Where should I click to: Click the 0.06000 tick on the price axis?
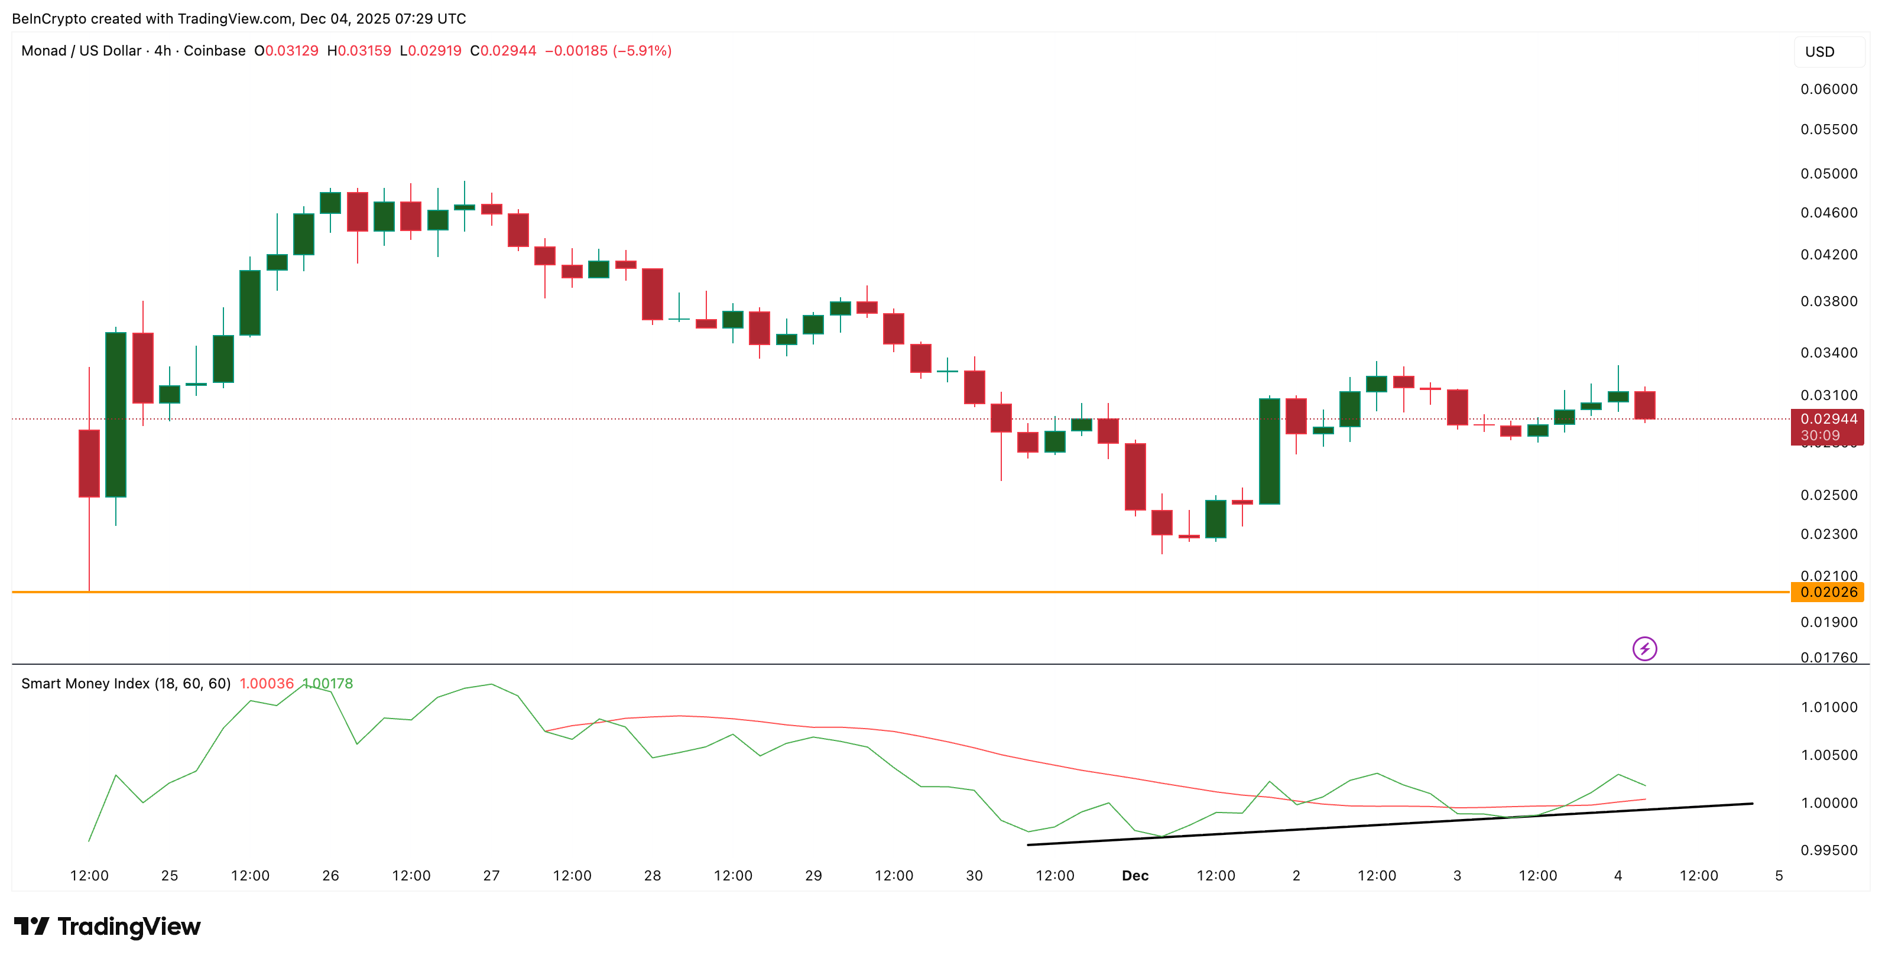click(x=1828, y=89)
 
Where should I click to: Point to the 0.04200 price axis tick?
click(x=1828, y=254)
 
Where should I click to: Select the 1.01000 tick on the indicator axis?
click(x=1828, y=707)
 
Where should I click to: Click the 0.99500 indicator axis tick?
click(x=1828, y=850)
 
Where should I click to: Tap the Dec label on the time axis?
click(x=1135, y=875)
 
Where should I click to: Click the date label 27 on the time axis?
click(x=491, y=875)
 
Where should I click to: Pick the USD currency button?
click(x=1819, y=52)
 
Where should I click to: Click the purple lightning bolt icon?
click(x=1644, y=649)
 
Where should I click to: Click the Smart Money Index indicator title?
click(x=126, y=684)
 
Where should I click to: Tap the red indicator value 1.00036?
click(x=266, y=684)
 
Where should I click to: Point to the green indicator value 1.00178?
click(x=328, y=684)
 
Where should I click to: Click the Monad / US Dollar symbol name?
click(x=81, y=50)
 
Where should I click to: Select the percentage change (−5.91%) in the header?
click(x=641, y=50)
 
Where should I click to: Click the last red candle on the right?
click(x=1644, y=405)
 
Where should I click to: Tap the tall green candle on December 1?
click(x=1269, y=451)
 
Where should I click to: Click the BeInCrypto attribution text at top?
click(x=239, y=18)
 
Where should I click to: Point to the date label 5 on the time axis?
click(x=1778, y=875)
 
